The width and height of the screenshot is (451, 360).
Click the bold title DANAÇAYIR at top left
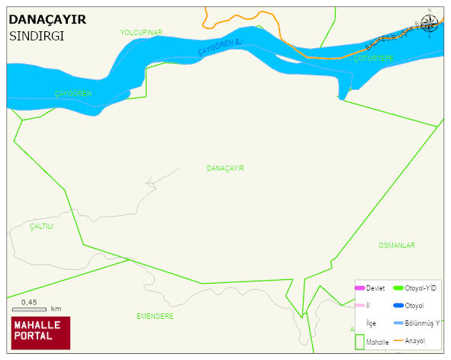click(x=47, y=20)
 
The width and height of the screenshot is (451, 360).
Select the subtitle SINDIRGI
click(x=36, y=36)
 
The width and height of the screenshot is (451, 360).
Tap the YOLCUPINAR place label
click(x=141, y=32)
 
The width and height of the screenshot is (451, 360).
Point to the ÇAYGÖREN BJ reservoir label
click(x=220, y=47)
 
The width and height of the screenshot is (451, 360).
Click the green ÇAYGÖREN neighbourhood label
click(x=73, y=93)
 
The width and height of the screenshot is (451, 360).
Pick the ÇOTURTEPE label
click(x=373, y=59)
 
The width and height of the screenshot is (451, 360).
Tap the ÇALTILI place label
click(x=42, y=227)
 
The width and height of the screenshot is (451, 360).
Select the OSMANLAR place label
click(x=396, y=245)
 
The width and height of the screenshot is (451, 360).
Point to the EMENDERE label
click(x=155, y=316)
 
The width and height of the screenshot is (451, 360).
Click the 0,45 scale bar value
click(x=29, y=302)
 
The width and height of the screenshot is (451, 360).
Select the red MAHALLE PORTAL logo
click(x=40, y=332)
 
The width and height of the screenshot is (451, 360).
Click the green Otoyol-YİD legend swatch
click(x=398, y=288)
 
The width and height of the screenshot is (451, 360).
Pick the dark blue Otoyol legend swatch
click(x=398, y=306)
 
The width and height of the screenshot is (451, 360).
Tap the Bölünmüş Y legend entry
click(x=422, y=323)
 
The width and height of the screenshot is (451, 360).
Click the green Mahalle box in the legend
click(x=359, y=340)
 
